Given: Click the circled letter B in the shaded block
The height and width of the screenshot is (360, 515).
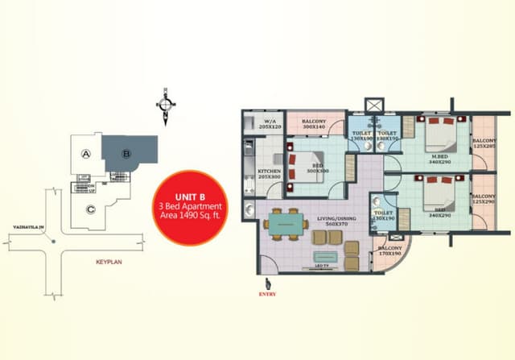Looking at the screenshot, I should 126,154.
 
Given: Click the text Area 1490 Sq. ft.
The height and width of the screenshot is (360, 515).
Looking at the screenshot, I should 188,217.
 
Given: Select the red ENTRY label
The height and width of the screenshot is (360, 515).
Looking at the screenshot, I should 267,294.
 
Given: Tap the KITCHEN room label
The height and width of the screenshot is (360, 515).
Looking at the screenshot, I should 269,173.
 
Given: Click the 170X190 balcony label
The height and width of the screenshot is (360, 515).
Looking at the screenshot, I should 389,250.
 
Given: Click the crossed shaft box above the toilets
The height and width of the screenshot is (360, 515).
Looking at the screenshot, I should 375,106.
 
